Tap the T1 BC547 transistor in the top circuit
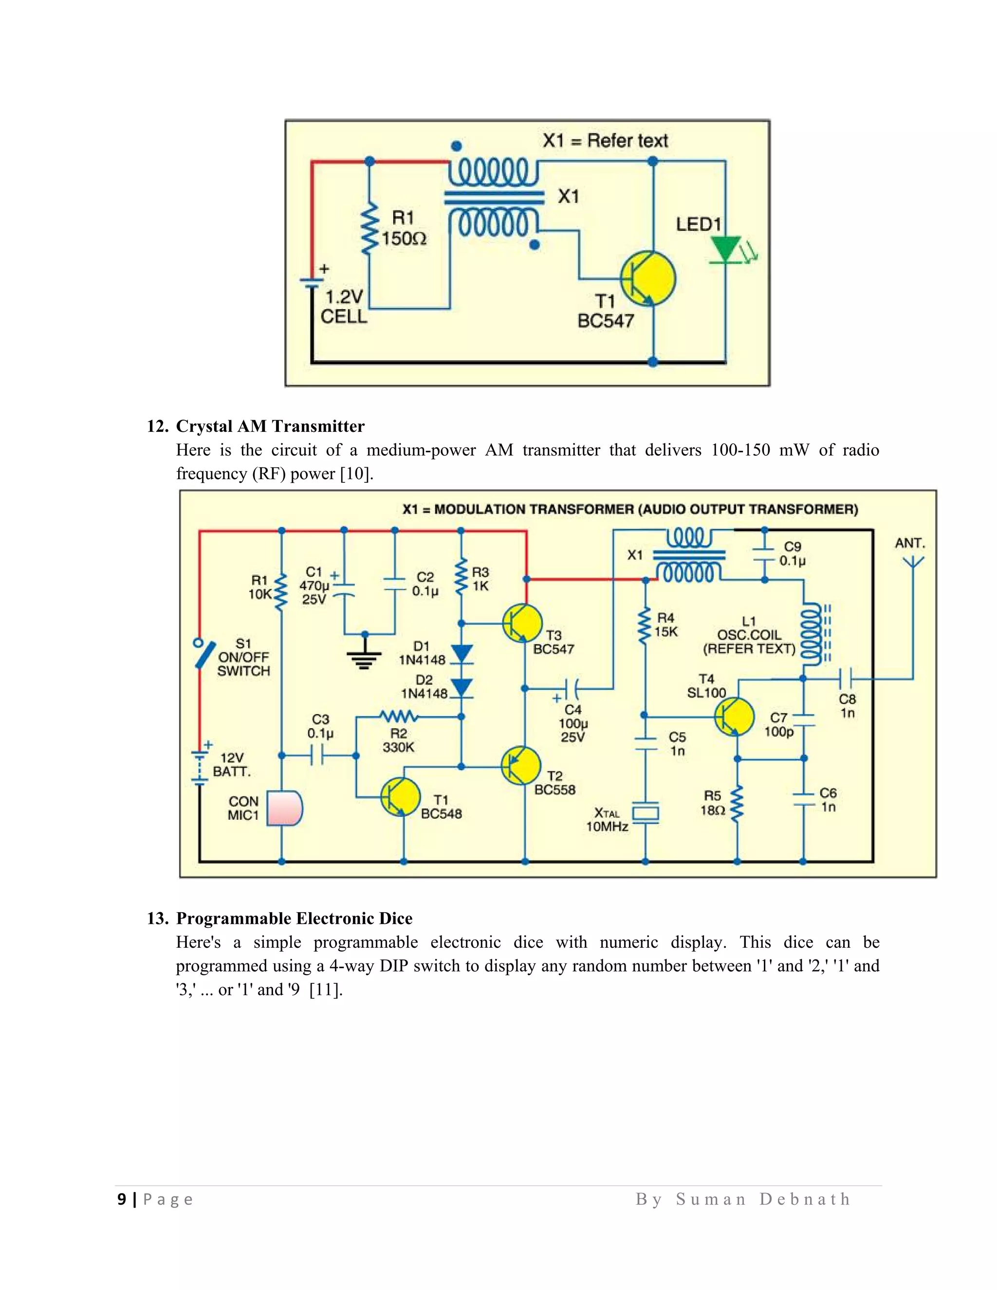click(x=648, y=279)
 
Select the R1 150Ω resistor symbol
click(x=370, y=230)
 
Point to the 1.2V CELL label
click(x=343, y=307)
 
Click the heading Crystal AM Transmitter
click(x=270, y=426)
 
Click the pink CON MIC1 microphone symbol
click(x=284, y=808)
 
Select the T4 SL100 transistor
click(x=734, y=717)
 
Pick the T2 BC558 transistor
click(x=521, y=766)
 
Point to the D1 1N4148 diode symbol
click(x=462, y=654)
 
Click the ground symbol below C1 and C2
click(x=365, y=654)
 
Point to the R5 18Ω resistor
click(x=737, y=804)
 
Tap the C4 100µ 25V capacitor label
click(x=572, y=723)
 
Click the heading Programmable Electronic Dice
click(x=294, y=918)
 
